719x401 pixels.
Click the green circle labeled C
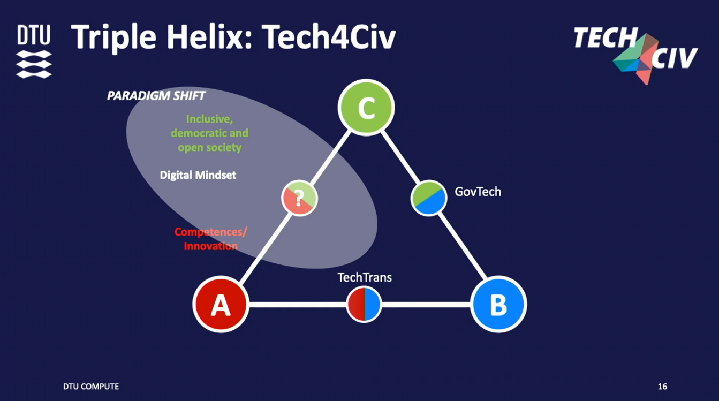tap(366, 108)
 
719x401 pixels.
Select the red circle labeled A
tap(220, 304)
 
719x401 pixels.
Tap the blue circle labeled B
tap(498, 304)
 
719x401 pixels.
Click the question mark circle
tap(299, 198)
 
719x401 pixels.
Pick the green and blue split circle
tap(429, 198)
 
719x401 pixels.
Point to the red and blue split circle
tap(364, 304)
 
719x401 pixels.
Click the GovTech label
tap(478, 192)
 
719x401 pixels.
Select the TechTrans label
tap(365, 277)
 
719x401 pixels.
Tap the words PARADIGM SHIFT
tap(156, 96)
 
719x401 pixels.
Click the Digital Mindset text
tap(198, 175)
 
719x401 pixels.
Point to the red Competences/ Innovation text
tap(211, 239)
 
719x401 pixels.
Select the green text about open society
tap(210, 133)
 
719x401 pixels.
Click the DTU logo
tap(34, 51)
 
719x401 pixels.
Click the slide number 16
tap(662, 387)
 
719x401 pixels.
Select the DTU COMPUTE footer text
tap(91, 387)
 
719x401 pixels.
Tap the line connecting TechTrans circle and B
tap(426, 305)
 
